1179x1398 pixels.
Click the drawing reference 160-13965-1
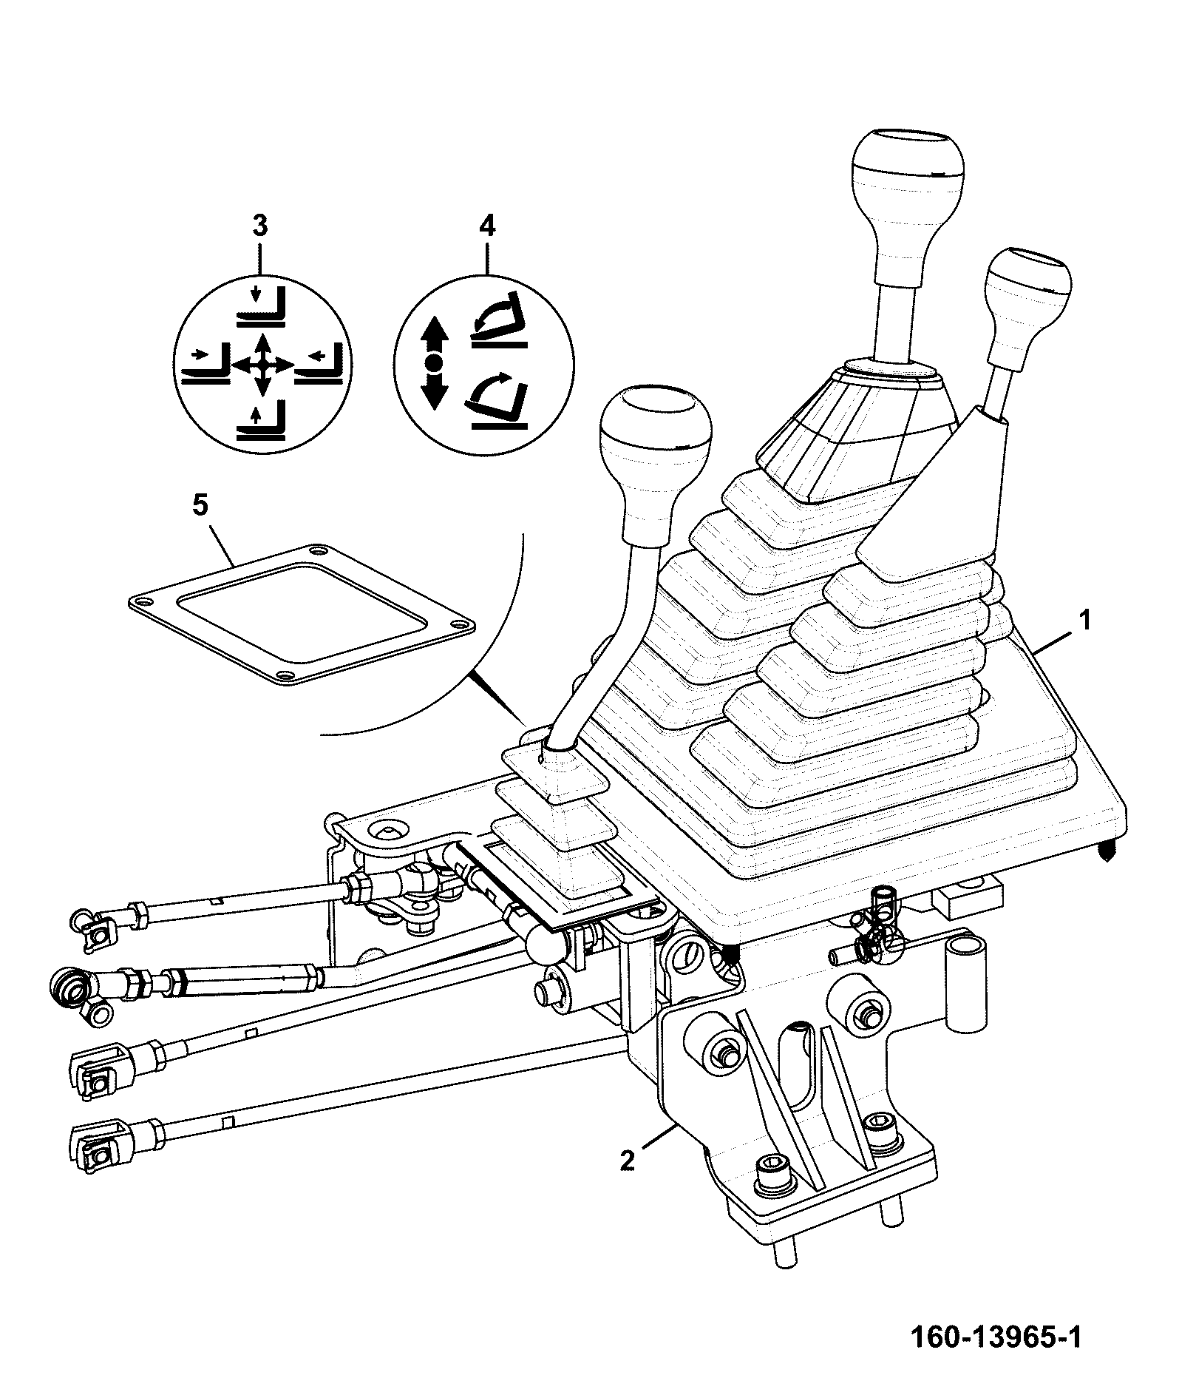click(996, 1338)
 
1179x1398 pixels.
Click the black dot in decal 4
click(435, 362)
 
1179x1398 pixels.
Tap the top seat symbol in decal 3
click(261, 308)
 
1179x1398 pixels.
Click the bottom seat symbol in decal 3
click(261, 423)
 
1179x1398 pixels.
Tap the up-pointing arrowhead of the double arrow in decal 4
click(435, 331)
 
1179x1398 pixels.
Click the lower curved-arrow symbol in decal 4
click(499, 400)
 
